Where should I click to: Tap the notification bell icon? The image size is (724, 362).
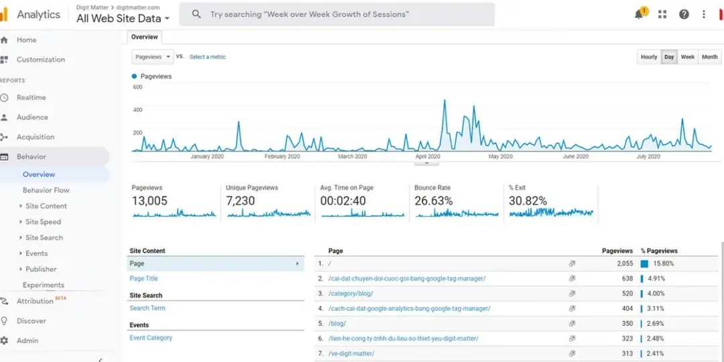[639, 15]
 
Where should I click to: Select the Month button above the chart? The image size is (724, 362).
[709, 57]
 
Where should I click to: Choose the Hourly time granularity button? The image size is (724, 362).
[649, 57]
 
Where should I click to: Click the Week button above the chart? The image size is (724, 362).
[688, 57]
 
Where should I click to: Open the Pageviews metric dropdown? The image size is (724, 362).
[152, 57]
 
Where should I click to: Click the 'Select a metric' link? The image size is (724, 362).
[208, 57]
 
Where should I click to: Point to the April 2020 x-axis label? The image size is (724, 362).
[427, 156]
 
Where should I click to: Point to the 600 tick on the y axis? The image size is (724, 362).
[137, 87]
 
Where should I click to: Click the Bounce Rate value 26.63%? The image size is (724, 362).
[433, 201]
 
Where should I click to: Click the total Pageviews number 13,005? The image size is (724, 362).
[149, 201]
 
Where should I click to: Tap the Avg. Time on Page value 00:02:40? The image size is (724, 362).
[343, 201]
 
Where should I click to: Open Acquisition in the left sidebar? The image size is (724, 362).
[36, 137]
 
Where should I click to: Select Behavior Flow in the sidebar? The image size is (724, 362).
[46, 190]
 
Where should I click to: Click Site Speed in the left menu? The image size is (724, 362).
[43, 222]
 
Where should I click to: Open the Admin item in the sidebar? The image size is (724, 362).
[27, 341]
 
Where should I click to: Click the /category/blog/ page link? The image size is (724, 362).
[351, 294]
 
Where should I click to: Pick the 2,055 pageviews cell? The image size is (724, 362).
[624, 263]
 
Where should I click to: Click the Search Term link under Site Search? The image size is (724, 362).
[147, 308]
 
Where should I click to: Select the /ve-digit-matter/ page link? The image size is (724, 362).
[351, 353]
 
